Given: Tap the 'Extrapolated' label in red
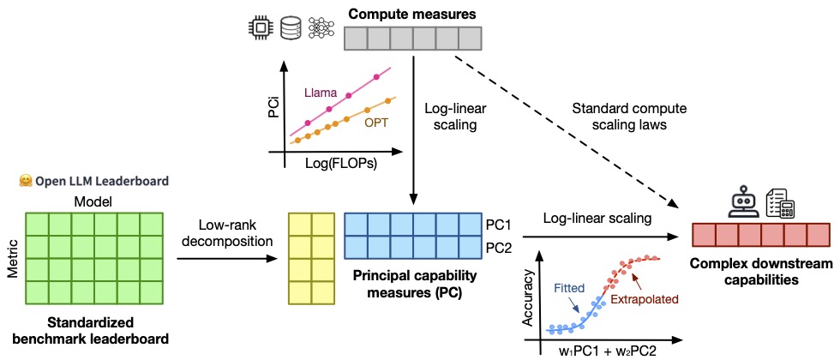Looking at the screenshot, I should pyautogui.click(x=645, y=299).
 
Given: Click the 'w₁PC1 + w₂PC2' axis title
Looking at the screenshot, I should pyautogui.click(x=609, y=351).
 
